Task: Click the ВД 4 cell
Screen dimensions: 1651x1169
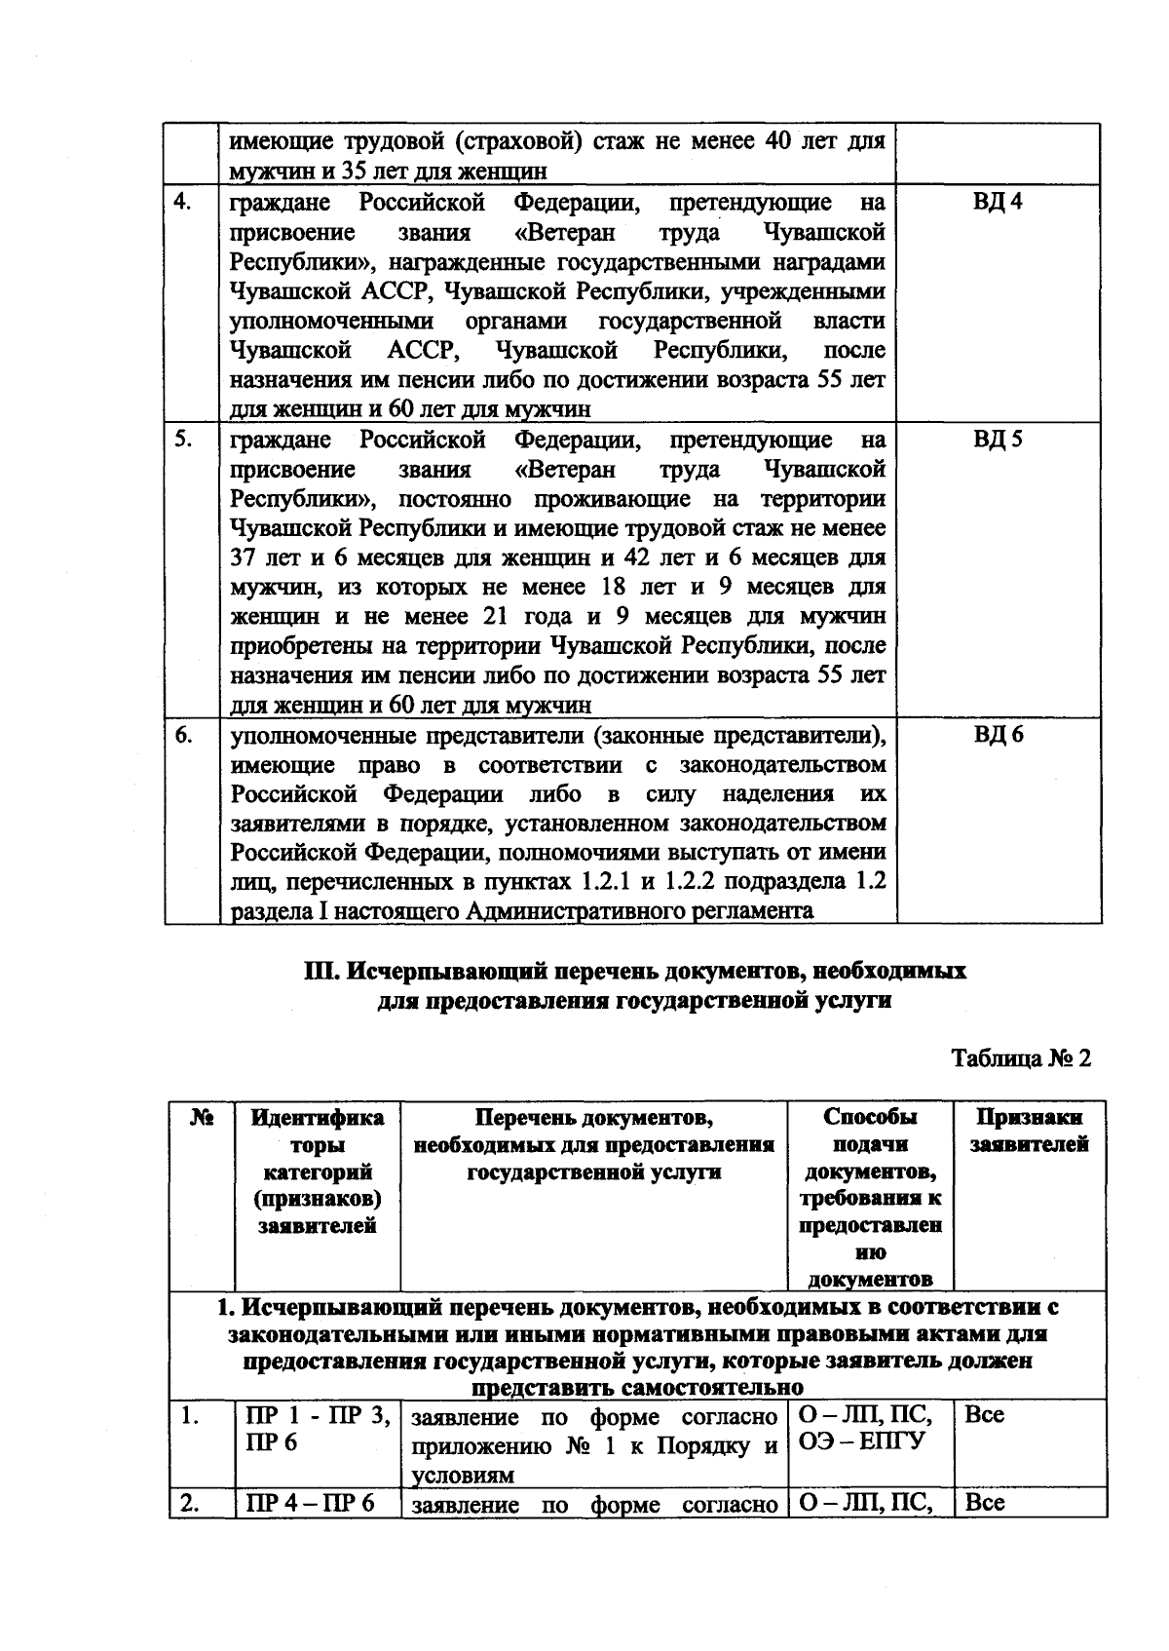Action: click(x=998, y=203)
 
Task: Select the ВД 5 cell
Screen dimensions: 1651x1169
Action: click(x=998, y=440)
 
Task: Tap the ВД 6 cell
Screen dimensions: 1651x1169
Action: click(x=998, y=735)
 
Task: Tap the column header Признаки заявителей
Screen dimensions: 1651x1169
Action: click(x=1029, y=1132)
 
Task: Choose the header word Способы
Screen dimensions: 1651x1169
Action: click(x=870, y=1118)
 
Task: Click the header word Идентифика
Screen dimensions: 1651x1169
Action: click(x=318, y=1118)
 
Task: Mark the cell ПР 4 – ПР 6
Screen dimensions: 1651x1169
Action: click(x=311, y=1503)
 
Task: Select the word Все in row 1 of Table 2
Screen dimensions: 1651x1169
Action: click(x=984, y=1415)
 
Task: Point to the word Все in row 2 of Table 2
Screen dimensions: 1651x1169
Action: click(x=984, y=1503)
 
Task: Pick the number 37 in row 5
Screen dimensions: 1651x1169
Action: click(x=243, y=558)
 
